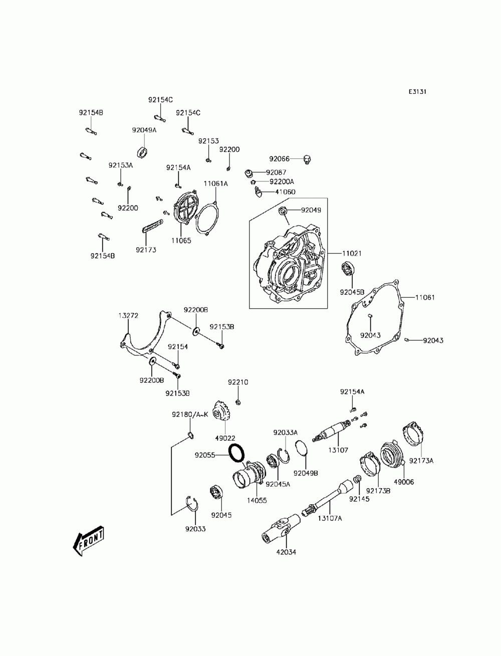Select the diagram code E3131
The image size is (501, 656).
coord(417,92)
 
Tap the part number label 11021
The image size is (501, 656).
coord(351,254)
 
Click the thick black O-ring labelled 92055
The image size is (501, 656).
coord(236,453)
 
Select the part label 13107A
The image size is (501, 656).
coord(329,518)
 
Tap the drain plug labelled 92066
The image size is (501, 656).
coord(307,159)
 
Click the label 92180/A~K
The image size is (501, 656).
coord(190,414)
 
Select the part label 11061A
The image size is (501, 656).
coord(215,183)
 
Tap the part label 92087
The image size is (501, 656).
coord(276,172)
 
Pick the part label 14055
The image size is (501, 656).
coord(257,500)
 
